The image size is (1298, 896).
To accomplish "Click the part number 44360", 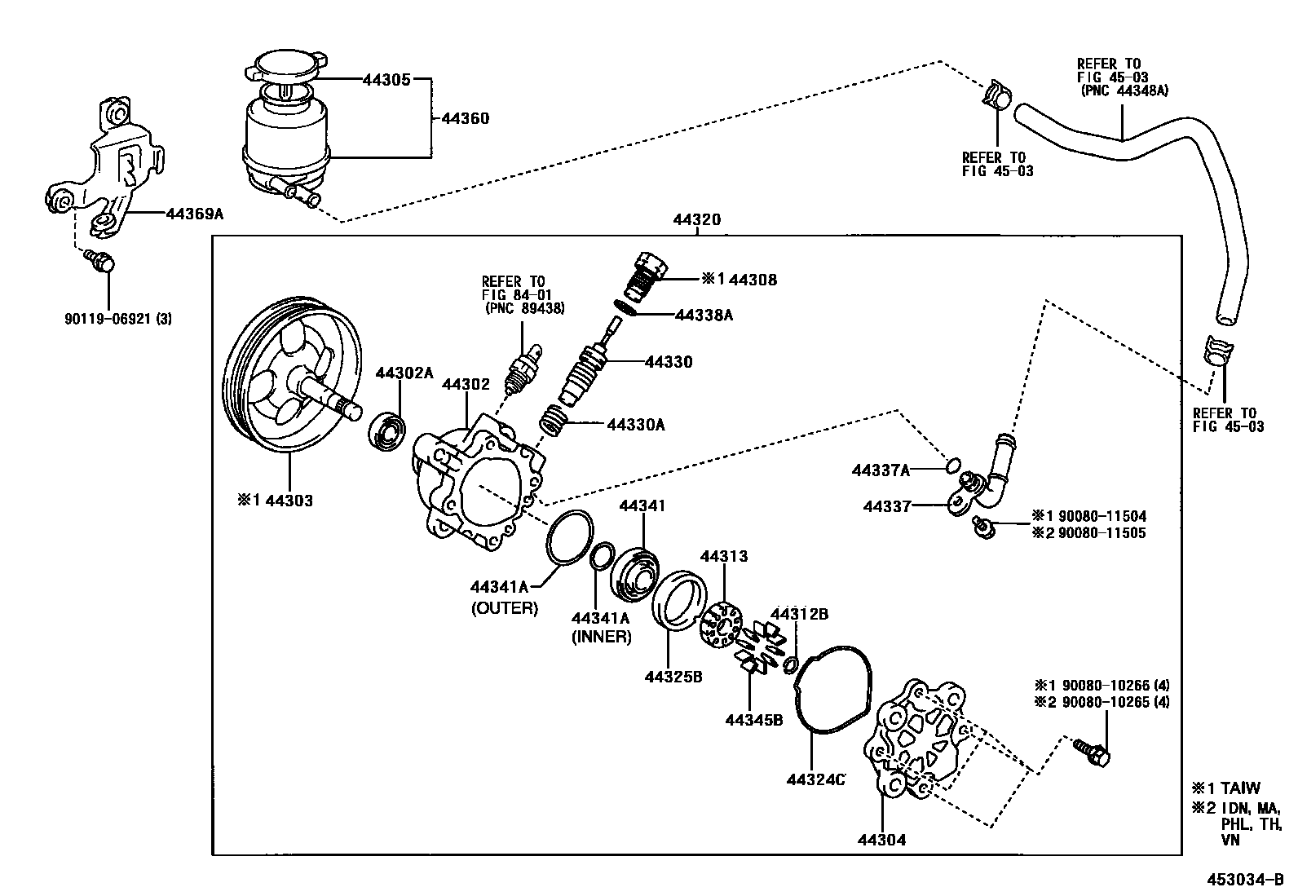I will click(465, 118).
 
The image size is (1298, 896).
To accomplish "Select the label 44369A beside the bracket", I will click(194, 214).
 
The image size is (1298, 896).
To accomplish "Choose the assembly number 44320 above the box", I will click(696, 220).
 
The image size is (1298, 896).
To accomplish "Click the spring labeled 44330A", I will click(556, 423).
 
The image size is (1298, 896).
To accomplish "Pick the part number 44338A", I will click(704, 315).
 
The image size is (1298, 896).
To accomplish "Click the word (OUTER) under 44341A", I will click(505, 608).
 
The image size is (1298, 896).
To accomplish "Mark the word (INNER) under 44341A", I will click(602, 637).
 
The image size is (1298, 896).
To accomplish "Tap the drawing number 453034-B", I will click(1246, 880).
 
